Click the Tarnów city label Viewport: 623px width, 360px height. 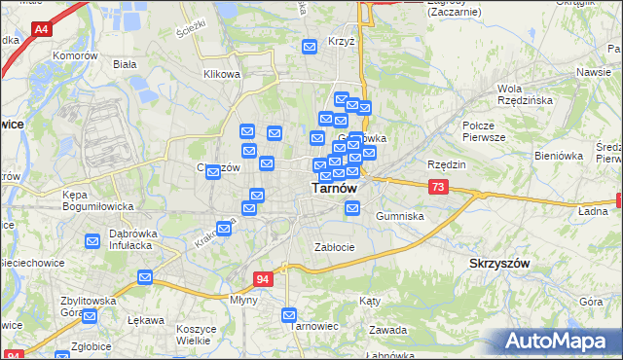tap(333, 190)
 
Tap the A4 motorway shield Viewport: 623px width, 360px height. tap(41, 30)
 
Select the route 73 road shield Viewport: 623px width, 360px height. tap(438, 187)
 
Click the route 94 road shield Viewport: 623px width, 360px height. tap(263, 279)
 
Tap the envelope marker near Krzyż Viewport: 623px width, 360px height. tap(311, 46)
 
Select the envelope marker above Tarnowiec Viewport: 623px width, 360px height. tap(289, 314)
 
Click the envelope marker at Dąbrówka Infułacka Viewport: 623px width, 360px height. tap(92, 240)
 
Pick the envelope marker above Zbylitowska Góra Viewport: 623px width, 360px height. tap(145, 277)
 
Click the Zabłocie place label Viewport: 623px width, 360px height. tap(334, 247)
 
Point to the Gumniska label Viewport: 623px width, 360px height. tap(400, 216)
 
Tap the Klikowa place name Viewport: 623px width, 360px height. tap(221, 74)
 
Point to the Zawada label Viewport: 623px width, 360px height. tap(388, 330)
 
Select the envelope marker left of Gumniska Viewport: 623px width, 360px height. tap(352, 207)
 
